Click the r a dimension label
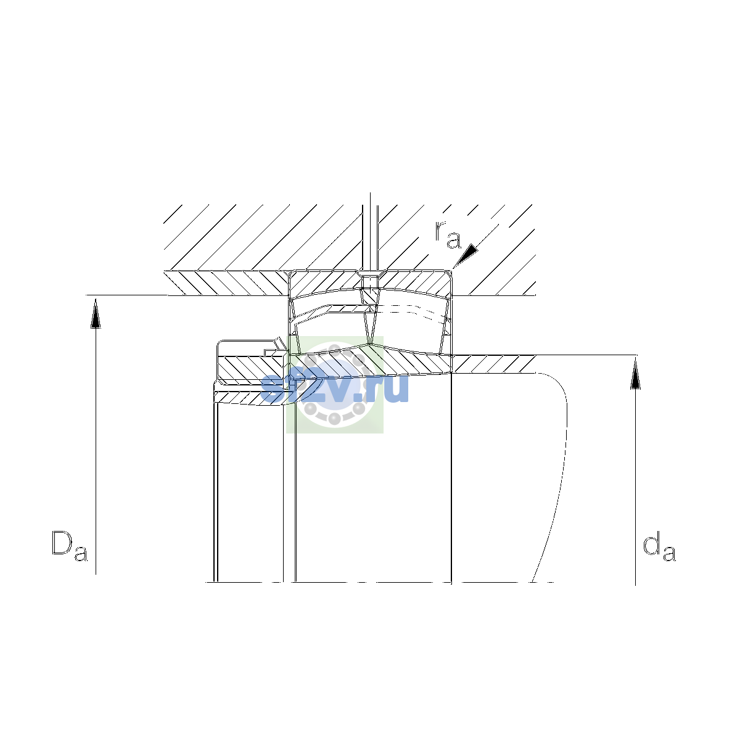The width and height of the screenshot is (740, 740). (x=448, y=234)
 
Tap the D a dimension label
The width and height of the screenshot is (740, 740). (x=70, y=546)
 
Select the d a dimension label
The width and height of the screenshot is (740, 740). (x=659, y=546)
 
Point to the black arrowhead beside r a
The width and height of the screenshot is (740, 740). (x=466, y=256)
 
